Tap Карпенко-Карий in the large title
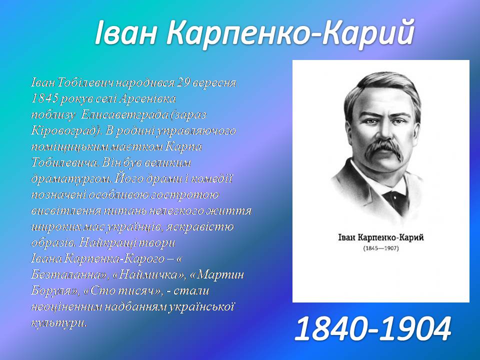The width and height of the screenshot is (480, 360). (290, 33)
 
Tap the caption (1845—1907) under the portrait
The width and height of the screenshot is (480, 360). (381, 248)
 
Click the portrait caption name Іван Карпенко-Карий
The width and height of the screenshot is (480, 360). (381, 237)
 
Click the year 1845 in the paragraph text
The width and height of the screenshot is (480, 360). (44, 98)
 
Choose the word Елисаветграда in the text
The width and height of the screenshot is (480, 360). (125, 114)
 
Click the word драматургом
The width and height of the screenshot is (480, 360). (71, 179)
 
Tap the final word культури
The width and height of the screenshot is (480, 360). (59, 323)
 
